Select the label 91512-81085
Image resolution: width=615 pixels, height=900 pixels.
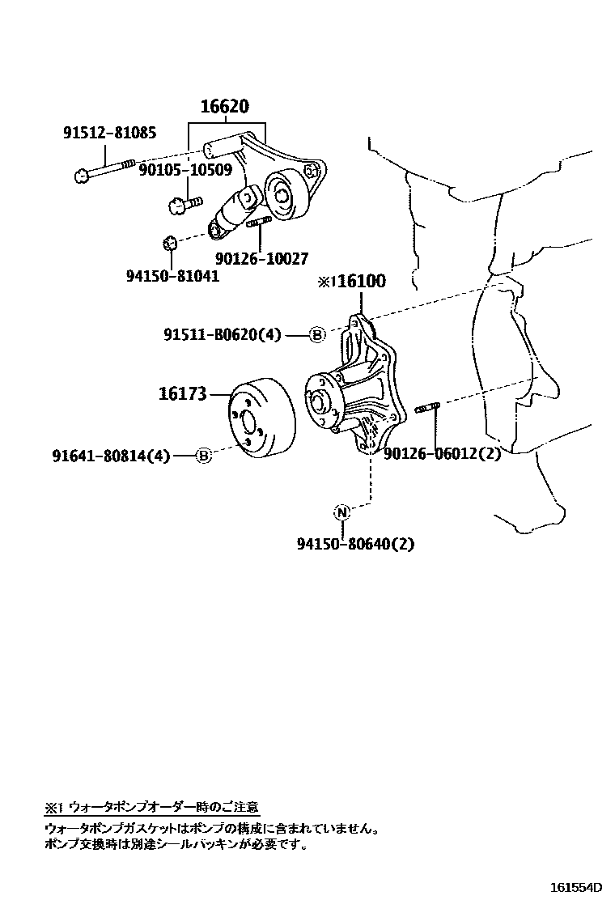coord(110,133)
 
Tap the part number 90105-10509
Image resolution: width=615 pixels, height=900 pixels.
coord(185,170)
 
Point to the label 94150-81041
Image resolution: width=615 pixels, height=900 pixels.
coord(172,275)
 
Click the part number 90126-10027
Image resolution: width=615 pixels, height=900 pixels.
coord(262,258)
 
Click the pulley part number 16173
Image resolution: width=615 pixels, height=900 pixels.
coord(183,394)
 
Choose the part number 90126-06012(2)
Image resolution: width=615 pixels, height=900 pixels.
coord(442,454)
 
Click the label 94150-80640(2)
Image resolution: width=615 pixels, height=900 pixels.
coord(355,544)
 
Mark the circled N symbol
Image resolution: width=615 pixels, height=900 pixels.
coord(341,512)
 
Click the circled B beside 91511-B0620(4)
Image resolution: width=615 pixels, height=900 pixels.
coord(317,335)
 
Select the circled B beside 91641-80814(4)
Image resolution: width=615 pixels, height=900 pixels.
coord(204,456)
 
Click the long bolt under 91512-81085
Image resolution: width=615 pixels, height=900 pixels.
coord(105,170)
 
